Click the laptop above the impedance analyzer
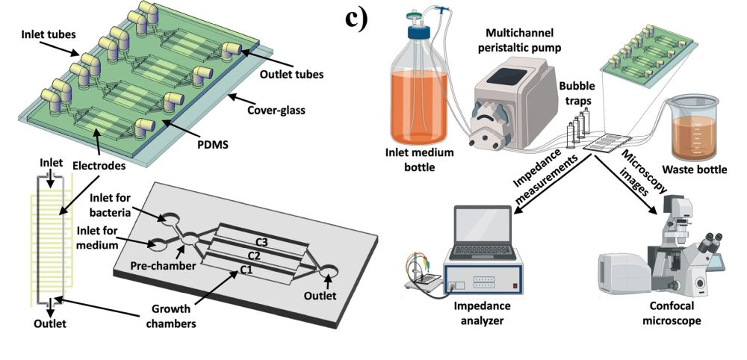pos(485,232)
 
